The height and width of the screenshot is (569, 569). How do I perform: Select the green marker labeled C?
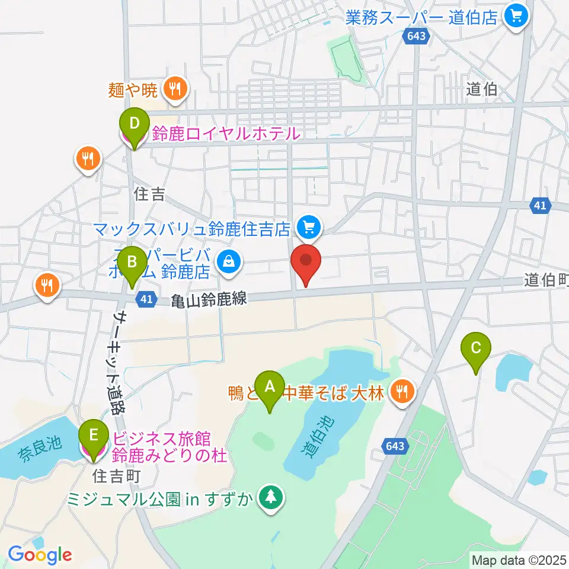tap(476, 349)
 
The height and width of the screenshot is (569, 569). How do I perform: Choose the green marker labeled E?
tap(94, 435)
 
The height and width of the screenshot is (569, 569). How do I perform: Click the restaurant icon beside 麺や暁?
tap(175, 89)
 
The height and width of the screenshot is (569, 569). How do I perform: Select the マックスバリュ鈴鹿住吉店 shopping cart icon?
tap(309, 226)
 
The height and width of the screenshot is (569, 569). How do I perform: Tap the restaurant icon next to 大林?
tap(402, 391)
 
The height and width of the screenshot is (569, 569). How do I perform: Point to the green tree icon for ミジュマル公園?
tap(271, 497)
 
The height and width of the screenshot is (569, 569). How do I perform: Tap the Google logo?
tap(40, 554)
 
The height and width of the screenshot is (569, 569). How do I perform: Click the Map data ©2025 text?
tap(518, 559)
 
